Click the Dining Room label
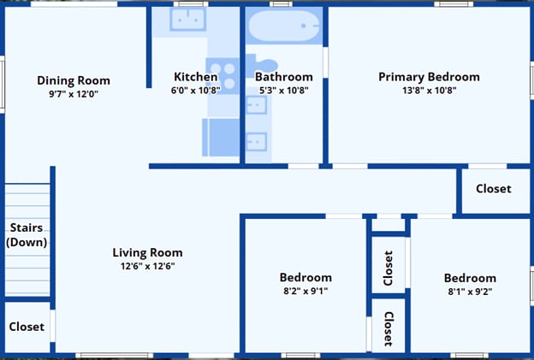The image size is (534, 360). [x=74, y=80]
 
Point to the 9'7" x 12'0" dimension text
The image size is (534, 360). [x=74, y=94]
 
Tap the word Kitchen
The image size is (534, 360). [x=196, y=76]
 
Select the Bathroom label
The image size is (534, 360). [x=284, y=76]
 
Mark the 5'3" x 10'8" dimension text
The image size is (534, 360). [x=284, y=90]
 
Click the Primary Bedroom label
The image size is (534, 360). [x=429, y=76]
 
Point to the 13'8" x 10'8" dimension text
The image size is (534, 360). [x=429, y=90]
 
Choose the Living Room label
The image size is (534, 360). [x=147, y=252]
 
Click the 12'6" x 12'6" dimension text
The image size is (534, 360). [x=147, y=266]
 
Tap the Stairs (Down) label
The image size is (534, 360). [x=27, y=235]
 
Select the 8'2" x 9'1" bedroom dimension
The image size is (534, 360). [x=306, y=291]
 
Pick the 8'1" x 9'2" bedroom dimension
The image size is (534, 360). [x=469, y=291]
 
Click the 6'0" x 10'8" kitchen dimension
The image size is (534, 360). [x=196, y=90]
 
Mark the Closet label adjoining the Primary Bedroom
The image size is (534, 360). [x=493, y=188]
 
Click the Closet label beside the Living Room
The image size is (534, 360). [x=27, y=327]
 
